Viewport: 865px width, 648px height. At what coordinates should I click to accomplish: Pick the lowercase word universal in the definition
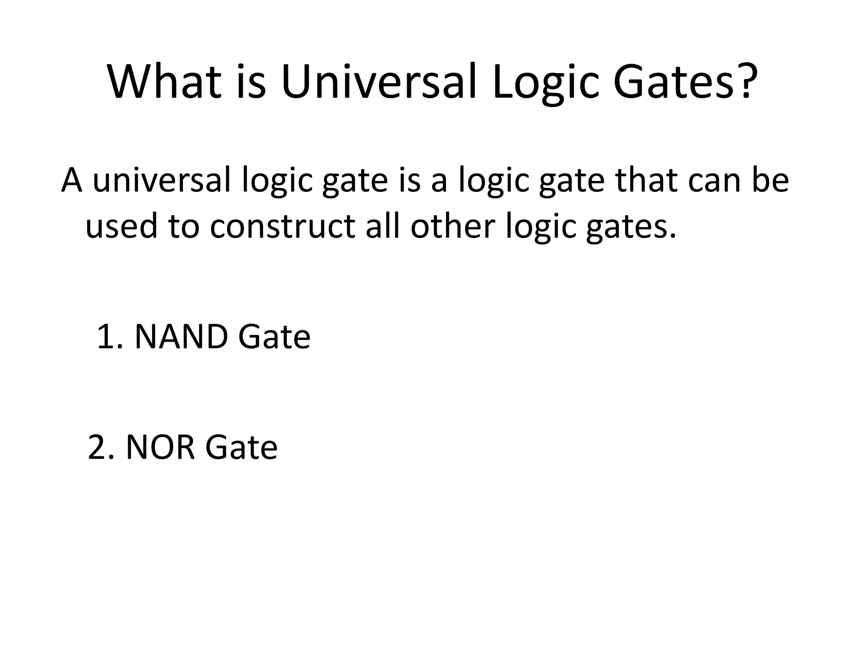click(x=161, y=180)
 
